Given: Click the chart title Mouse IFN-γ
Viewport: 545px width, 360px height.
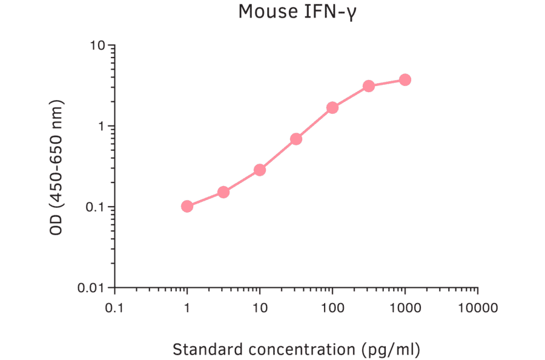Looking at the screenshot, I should pos(297,12).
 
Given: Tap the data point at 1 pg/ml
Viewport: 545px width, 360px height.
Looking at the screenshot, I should pos(187,207).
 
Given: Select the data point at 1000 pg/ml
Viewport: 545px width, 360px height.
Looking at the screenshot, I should pos(405,80).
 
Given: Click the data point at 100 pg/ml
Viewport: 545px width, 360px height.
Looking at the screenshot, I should pos(332,108).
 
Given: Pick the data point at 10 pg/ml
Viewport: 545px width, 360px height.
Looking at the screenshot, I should pos(260,170).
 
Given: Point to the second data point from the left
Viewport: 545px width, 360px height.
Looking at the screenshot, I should pos(223,192).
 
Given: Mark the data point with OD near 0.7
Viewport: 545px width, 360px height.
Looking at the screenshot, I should pos(296,139).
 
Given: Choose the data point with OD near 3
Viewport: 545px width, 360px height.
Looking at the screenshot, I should pos(369,86).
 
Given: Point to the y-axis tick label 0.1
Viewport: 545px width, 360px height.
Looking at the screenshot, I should pos(96,207).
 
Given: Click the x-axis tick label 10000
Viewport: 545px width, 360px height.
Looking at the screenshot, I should pos(478,307).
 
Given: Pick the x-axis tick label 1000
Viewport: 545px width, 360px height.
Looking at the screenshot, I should pos(405,307).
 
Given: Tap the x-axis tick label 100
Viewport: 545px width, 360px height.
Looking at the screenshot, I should pos(332,307).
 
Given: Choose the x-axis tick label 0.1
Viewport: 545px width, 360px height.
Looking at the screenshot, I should pos(114,307).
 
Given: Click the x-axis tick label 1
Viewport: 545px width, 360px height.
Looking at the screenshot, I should pos(187,307).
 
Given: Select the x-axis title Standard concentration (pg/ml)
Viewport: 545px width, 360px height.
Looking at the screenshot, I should pos(296,350).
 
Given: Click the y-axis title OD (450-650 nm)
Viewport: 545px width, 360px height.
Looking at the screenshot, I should pos(56,166).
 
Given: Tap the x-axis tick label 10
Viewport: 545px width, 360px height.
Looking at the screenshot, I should pos(260,307).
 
